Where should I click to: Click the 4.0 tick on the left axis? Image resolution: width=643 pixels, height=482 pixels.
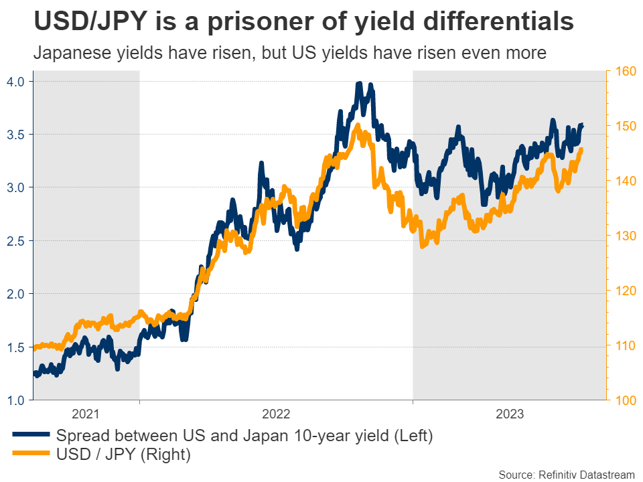[17, 81]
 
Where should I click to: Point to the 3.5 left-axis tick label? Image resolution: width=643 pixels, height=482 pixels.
[17, 135]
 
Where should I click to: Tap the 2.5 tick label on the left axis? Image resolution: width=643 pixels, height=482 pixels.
[17, 241]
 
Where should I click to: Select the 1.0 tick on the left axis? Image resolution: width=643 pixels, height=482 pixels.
[17, 400]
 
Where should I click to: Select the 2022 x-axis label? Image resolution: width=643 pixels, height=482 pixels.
[275, 414]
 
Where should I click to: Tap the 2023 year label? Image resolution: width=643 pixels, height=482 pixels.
[510, 414]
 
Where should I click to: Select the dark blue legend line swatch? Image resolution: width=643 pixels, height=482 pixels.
[31, 435]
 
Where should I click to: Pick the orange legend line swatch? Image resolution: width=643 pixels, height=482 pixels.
[31, 455]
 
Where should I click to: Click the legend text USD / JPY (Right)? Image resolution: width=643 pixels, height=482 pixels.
[124, 455]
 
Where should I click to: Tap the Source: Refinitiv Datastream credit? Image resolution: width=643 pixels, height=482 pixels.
[566, 474]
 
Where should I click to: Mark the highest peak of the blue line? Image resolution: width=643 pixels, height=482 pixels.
[359, 84]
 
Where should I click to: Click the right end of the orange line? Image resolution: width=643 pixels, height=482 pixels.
[581, 149]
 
